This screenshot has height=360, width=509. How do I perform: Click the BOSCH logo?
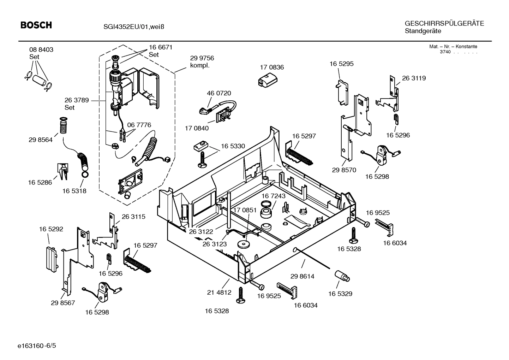(36, 25)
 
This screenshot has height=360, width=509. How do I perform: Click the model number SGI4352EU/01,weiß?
(134, 26)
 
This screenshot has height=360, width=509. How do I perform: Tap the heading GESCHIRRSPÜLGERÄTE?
(444, 23)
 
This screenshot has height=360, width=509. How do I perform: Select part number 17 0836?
(271, 67)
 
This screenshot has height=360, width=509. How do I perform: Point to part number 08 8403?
(41, 50)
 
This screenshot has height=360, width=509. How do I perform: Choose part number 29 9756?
(202, 58)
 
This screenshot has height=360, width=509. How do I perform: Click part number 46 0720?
(218, 93)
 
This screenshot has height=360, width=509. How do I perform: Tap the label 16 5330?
(233, 146)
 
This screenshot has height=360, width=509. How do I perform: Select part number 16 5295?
(341, 64)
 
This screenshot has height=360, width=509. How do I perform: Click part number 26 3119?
(414, 78)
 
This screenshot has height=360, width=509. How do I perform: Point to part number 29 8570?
(344, 170)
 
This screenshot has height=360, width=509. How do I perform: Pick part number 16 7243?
(273, 196)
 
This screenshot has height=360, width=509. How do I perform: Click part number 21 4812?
(219, 292)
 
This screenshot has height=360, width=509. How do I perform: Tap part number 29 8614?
(302, 276)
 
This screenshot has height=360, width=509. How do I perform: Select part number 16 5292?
(51, 229)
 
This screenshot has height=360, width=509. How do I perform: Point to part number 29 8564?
(41, 140)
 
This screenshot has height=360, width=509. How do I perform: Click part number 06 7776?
(139, 125)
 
